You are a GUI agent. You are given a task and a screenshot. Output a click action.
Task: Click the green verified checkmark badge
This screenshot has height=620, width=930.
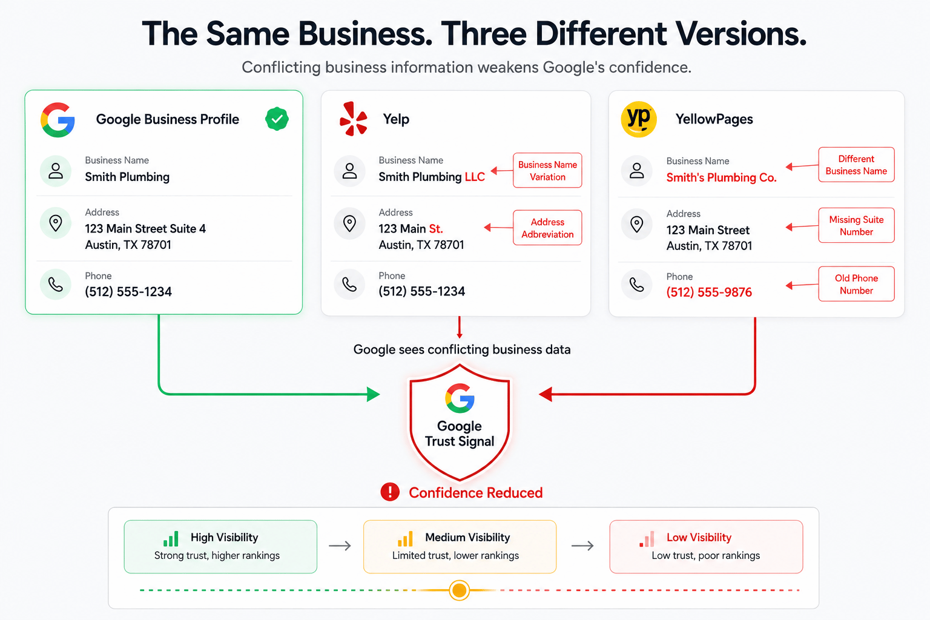tap(277, 119)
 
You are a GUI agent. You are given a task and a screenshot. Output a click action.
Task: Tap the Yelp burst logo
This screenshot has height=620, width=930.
tap(354, 119)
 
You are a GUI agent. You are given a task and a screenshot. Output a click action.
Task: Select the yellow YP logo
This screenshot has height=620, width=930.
tap(639, 119)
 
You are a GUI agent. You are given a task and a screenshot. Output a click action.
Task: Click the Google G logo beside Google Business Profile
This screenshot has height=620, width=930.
tap(58, 120)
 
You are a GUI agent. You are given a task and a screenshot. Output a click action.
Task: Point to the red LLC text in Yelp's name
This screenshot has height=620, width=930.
tap(475, 177)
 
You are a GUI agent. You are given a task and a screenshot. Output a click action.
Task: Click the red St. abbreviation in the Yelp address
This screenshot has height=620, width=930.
tap(436, 229)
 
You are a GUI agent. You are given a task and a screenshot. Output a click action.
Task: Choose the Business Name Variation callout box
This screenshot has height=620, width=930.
tap(547, 171)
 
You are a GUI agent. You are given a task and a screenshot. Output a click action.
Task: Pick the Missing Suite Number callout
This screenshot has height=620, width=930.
tap(856, 225)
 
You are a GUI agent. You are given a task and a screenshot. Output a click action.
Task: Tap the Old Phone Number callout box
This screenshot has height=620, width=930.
tap(856, 284)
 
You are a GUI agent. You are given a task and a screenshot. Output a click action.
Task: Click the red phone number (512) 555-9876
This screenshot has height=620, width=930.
tap(709, 292)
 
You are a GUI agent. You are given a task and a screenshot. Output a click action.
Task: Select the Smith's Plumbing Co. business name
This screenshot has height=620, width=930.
tap(721, 178)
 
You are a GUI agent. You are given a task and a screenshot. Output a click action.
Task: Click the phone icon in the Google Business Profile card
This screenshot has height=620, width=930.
tap(56, 285)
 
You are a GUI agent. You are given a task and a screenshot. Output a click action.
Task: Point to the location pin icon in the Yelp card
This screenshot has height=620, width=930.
tap(349, 224)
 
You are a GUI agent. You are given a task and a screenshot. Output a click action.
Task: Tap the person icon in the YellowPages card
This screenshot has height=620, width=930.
tap(637, 171)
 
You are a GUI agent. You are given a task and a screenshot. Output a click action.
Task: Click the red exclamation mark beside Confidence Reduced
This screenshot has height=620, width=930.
tap(390, 492)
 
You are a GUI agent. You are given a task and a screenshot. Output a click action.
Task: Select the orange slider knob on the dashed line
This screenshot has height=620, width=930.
tap(459, 590)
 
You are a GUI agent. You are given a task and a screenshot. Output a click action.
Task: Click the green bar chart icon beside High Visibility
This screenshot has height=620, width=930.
tap(171, 539)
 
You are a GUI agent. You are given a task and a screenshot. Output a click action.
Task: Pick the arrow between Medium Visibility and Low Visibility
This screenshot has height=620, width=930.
tap(582, 546)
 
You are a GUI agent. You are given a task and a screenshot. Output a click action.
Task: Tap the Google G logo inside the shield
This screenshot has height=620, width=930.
tap(460, 398)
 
